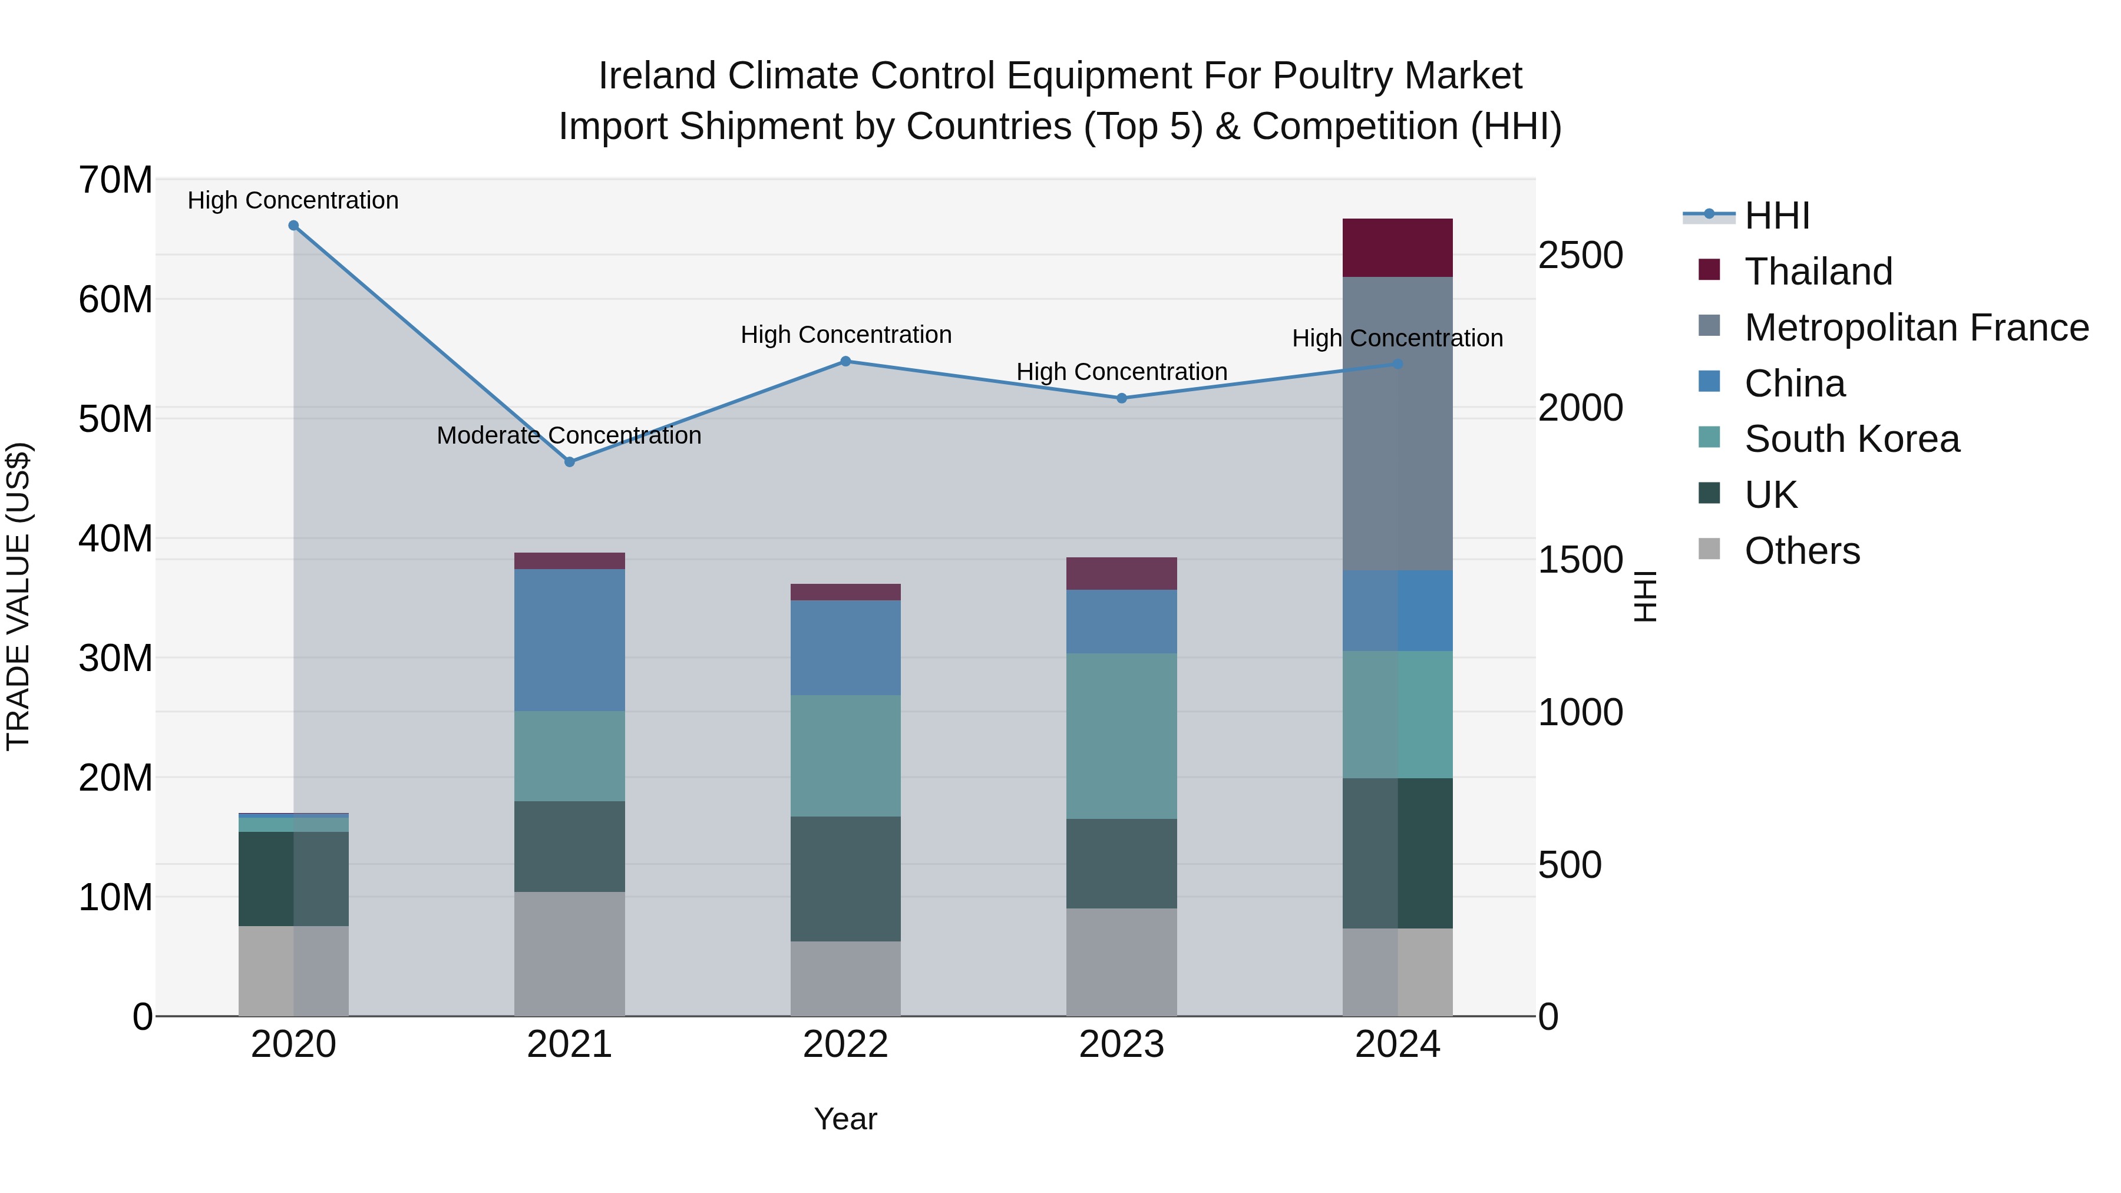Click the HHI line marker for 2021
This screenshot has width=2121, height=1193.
click(569, 462)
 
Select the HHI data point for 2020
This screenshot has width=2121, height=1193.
click(293, 226)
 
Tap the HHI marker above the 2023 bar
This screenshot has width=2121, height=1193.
click(1121, 398)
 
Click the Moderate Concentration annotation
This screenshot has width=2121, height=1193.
click(569, 435)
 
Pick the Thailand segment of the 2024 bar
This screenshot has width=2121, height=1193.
click(1398, 248)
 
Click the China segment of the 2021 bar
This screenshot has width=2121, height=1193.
click(569, 640)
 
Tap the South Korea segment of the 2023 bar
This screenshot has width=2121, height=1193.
click(1121, 735)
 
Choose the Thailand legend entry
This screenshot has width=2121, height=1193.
click(1818, 272)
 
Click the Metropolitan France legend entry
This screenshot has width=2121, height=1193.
click(1916, 328)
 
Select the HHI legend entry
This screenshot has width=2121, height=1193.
click(1776, 216)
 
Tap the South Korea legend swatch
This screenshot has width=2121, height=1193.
click(1709, 438)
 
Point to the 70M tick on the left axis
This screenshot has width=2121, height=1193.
click(115, 180)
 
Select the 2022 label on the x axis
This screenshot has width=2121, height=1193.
click(845, 1045)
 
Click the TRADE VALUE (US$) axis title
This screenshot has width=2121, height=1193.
click(18, 596)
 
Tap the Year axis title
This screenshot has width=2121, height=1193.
click(845, 1119)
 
